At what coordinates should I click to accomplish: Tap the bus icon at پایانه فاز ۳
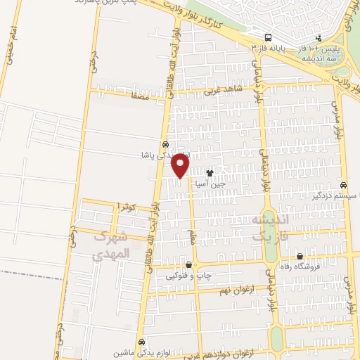tap(268, 38)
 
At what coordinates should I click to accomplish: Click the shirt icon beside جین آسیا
tap(209, 172)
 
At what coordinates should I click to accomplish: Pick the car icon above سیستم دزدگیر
tap(342, 186)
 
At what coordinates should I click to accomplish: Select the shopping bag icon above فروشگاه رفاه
tap(300, 257)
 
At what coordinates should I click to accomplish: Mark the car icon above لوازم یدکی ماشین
tap(141, 340)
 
